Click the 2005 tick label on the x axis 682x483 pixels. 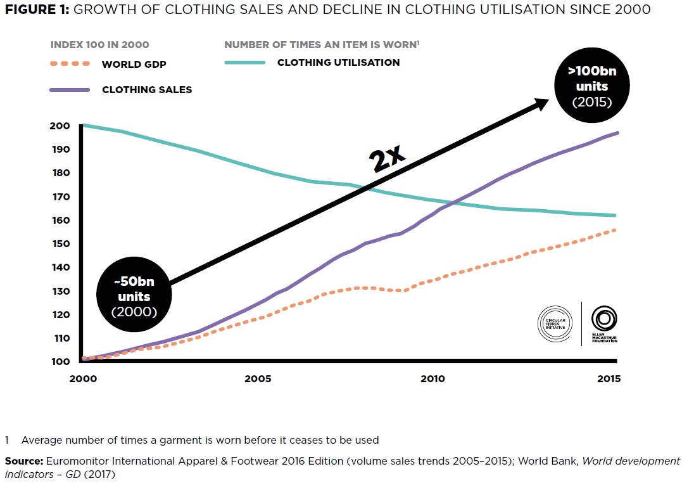(258, 379)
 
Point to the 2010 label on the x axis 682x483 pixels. (433, 379)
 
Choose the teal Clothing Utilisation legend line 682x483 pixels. (244, 63)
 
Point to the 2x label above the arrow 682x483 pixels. (387, 157)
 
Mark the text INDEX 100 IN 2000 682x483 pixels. (100, 45)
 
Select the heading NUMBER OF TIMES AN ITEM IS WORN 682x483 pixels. (320, 45)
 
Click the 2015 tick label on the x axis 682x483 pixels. (608, 379)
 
